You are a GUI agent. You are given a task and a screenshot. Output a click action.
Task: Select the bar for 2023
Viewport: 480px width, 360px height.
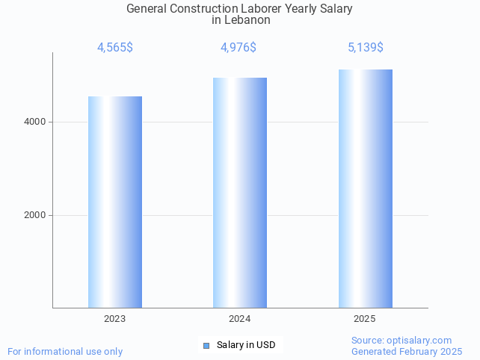coord(115,202)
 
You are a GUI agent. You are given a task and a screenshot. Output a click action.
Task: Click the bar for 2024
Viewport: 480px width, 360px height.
coord(240,192)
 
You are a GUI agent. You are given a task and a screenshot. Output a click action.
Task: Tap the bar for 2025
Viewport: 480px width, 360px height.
coord(365,188)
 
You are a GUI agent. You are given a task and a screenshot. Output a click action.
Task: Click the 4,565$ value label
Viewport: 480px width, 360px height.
coord(115,48)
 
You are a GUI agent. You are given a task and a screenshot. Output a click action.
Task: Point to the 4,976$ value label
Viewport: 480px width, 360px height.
coord(239,48)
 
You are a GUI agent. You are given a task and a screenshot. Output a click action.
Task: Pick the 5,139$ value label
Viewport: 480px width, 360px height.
coord(366,48)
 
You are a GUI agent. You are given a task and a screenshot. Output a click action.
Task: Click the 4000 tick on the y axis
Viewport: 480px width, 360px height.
coord(34,122)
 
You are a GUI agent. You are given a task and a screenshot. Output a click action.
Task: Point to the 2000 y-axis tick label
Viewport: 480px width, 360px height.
coord(34,215)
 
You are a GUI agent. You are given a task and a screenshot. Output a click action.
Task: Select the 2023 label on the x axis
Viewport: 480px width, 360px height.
coord(115,319)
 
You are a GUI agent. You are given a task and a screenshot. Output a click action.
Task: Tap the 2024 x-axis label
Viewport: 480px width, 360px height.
coord(240,319)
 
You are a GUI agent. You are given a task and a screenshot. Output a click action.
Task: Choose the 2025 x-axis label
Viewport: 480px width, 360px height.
coord(365,319)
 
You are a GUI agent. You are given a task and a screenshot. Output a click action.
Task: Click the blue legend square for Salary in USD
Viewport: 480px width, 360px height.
coord(206,345)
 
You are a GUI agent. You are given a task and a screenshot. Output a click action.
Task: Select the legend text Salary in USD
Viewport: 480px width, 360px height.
coord(246,345)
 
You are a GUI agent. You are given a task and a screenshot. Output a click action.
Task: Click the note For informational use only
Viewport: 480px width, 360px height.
coord(65,351)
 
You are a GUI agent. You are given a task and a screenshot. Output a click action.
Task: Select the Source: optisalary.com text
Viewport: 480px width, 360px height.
coord(401,340)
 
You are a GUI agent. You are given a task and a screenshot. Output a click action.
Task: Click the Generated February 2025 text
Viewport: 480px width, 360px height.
coord(407,351)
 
